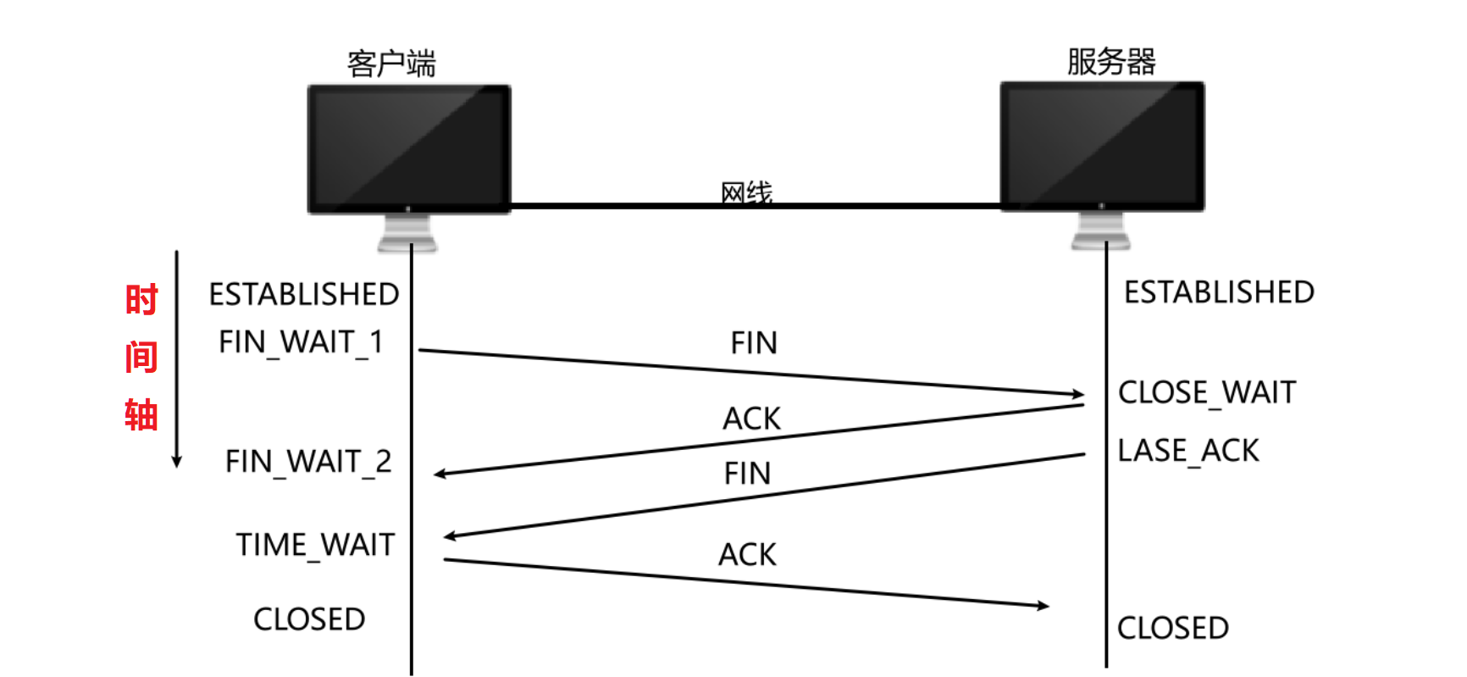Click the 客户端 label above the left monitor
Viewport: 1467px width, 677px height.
tap(391, 64)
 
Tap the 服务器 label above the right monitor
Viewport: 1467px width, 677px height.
tap(1110, 61)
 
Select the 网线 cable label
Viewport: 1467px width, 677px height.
tap(746, 192)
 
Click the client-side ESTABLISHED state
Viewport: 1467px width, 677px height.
tap(304, 294)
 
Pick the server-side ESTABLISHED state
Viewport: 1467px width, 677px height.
tap(1219, 292)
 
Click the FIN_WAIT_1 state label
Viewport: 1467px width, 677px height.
tap(301, 342)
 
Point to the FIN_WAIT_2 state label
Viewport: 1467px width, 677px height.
tap(308, 462)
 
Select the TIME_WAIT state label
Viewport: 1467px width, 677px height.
tap(315, 545)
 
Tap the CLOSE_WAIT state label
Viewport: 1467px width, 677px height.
tap(1207, 392)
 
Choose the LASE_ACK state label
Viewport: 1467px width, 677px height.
tap(1188, 451)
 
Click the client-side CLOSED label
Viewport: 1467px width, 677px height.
tap(309, 619)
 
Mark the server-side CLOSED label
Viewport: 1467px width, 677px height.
tap(1173, 628)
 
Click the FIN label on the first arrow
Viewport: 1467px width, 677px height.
tap(754, 343)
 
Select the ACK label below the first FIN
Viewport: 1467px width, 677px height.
tap(751, 419)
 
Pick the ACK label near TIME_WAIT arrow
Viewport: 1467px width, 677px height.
tap(747, 555)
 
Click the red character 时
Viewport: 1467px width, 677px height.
tap(141, 300)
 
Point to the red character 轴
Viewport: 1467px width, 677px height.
tap(141, 415)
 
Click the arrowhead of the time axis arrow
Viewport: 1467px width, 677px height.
tap(177, 462)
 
